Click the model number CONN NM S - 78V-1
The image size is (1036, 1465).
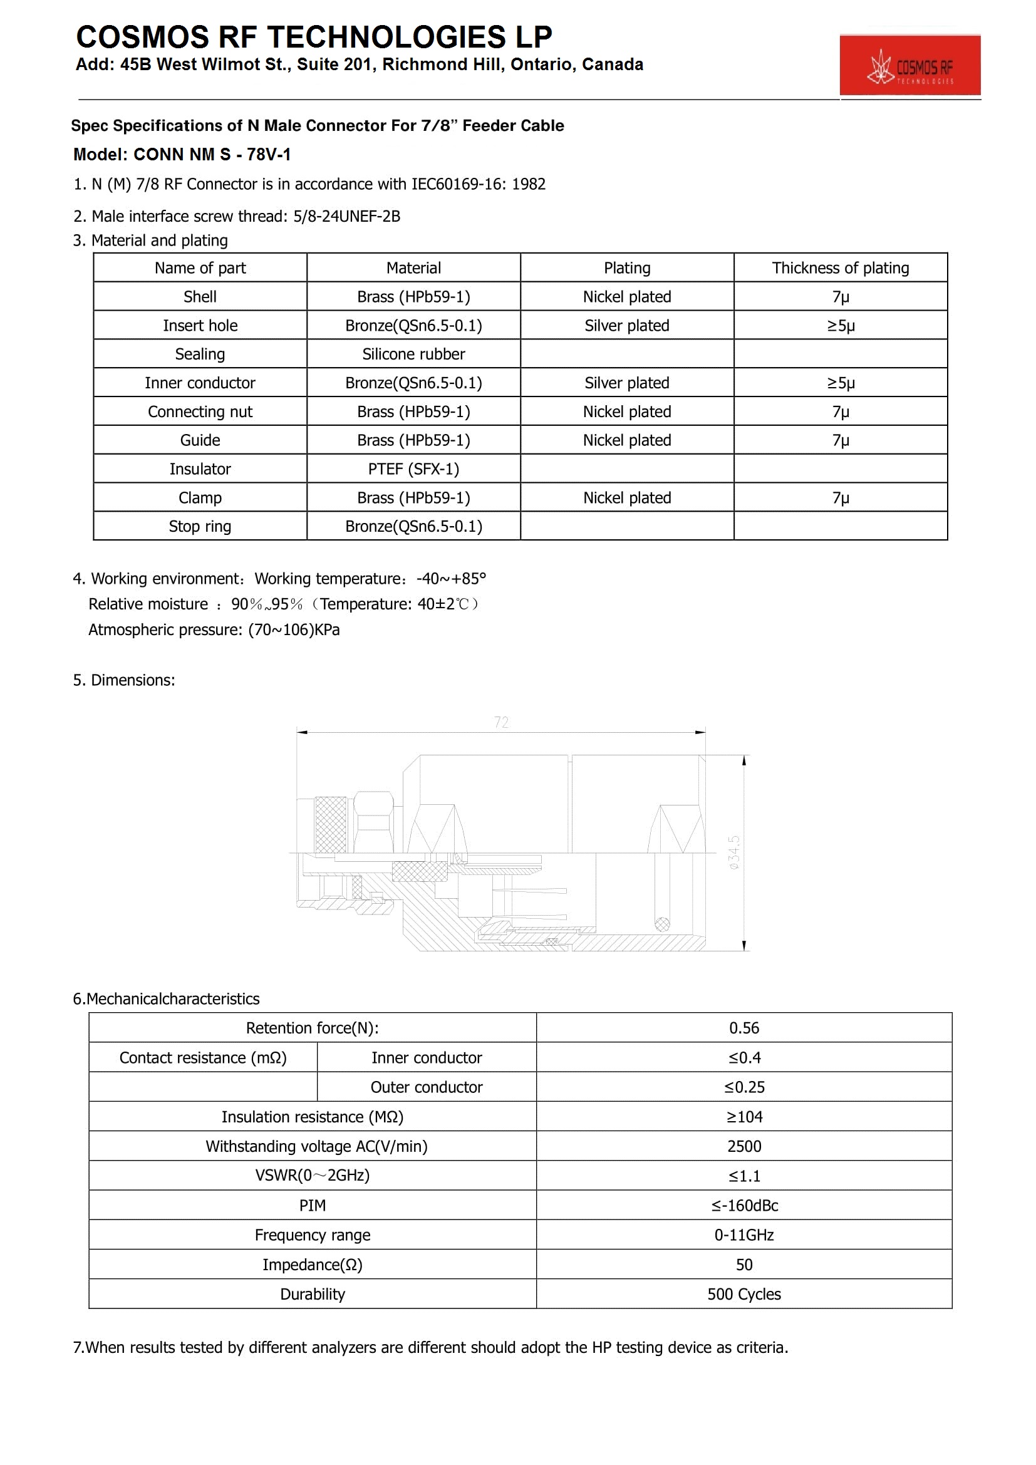coord(212,155)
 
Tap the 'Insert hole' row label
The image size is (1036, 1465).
coord(200,326)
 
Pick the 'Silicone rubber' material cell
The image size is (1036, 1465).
coord(413,354)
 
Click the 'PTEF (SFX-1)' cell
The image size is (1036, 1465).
coord(413,469)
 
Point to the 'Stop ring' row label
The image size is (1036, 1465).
coord(200,526)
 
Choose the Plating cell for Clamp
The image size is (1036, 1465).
coord(626,498)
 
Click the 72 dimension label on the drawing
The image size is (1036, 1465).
coord(501,722)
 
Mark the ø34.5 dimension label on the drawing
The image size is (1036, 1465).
coord(734,852)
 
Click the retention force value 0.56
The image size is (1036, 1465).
coord(744,1028)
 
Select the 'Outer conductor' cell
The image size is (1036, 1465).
coord(426,1087)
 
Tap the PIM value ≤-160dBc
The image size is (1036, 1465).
coord(744,1205)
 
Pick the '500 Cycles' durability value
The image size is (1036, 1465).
coord(744,1294)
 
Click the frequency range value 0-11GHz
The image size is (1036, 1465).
coord(744,1235)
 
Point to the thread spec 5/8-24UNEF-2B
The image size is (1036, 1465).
coord(346,216)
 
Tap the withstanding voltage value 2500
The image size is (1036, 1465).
coord(744,1147)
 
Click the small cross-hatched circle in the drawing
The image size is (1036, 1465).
coord(662,924)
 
